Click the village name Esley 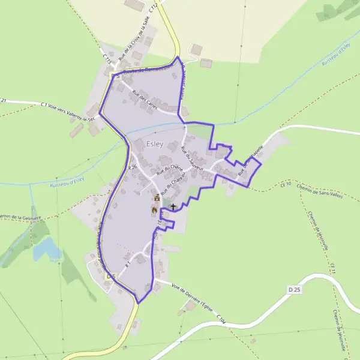tap(155, 143)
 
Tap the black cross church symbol tap(173, 206)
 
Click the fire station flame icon tap(154, 211)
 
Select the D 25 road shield tap(293, 290)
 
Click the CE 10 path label tap(285, 184)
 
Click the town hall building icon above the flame tap(157, 197)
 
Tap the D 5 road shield tap(109, 277)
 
